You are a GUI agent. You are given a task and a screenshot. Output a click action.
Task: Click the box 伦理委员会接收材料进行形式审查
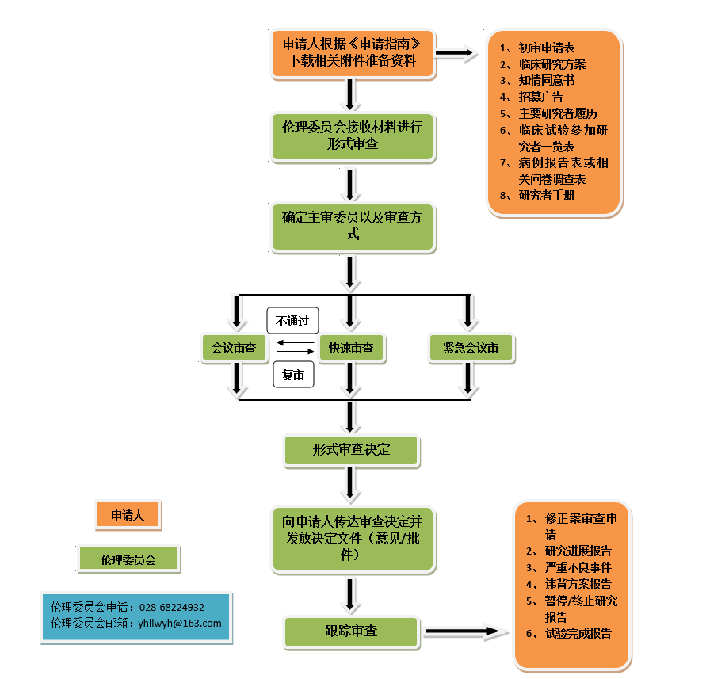pos(353,136)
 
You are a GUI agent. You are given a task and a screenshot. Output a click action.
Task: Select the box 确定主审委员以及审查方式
pos(353,226)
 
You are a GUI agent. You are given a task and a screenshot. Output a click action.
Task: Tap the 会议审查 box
pos(234,349)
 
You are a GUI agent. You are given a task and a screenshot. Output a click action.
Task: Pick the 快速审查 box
pos(351,349)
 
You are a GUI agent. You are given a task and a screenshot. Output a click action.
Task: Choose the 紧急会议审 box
pos(471,349)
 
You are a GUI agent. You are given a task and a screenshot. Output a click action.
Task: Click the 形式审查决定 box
pos(351,450)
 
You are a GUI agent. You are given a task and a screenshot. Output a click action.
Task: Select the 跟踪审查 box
pos(351,631)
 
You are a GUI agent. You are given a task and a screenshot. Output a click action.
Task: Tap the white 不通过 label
pos(292,321)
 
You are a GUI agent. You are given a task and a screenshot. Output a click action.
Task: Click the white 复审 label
pos(293,375)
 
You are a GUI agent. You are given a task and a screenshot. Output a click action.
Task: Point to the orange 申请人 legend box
pos(127,515)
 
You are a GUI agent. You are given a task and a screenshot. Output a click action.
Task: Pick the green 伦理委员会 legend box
pos(128,559)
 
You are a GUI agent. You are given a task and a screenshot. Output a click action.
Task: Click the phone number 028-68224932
pos(172,608)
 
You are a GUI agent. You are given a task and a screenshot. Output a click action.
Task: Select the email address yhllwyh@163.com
pos(180,624)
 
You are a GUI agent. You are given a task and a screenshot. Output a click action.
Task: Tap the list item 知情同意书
pos(547,81)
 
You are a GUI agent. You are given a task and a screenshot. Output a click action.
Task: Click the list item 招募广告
pos(541,97)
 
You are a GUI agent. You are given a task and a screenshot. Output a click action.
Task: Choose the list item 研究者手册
pos(547,196)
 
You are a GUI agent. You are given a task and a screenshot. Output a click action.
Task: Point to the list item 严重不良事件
pos(578,567)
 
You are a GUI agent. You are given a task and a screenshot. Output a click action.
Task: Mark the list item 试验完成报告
pos(578,633)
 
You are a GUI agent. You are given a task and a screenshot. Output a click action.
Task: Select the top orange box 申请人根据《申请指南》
pos(353,52)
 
